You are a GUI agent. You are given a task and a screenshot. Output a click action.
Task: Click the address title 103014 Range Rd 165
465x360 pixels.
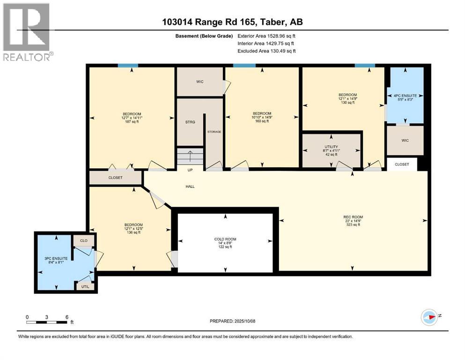pos(232,22)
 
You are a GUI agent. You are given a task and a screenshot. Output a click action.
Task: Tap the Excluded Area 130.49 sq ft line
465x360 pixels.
pos(266,51)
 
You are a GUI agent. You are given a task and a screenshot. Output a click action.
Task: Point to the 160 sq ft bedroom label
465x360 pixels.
pos(262,117)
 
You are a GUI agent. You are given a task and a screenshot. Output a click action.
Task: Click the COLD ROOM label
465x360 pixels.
pos(225,243)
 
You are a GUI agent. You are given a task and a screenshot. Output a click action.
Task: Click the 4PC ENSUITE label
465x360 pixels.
pos(406,97)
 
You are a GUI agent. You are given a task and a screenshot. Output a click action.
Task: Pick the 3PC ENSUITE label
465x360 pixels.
pos(56,261)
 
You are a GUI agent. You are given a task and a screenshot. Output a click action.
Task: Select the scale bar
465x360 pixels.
pos(47,322)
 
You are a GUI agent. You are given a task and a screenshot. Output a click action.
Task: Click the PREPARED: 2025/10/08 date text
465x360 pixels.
pos(232,321)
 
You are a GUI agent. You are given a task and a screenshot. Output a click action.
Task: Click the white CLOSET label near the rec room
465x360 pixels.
pos(401,165)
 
